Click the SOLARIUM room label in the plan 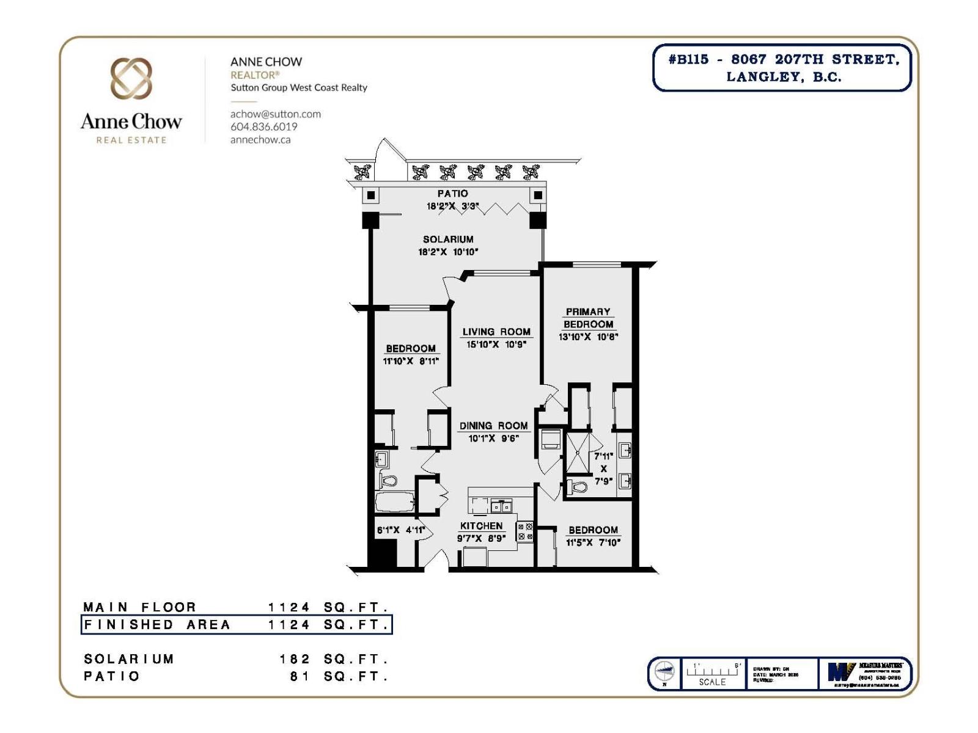(448, 239)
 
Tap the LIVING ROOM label (496, 332)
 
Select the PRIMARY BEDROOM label (588, 318)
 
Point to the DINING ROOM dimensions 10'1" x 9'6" (493, 438)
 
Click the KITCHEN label (481, 526)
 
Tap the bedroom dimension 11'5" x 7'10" (593, 542)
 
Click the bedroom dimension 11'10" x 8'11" (411, 361)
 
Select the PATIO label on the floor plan (452, 194)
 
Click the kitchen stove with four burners (524, 531)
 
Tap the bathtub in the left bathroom (394, 503)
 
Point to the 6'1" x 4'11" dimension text (400, 530)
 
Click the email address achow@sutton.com (275, 114)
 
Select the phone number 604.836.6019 (263, 127)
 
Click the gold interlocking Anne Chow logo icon (131, 79)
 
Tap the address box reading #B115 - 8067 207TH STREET (782, 68)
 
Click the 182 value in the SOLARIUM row (295, 659)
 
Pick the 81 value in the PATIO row (300, 676)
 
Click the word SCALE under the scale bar (712, 682)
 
